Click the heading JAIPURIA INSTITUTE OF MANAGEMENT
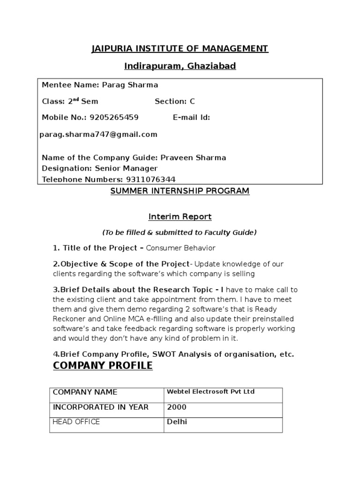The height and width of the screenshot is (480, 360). (x=180, y=49)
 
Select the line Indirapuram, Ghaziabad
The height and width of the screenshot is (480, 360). (x=180, y=66)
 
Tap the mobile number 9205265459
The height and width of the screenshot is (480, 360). (x=114, y=117)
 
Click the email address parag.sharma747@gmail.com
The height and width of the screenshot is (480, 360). (x=98, y=135)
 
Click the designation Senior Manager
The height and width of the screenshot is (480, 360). (x=127, y=168)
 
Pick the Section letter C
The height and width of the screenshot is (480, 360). (x=192, y=101)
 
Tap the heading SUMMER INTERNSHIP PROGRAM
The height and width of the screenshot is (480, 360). (x=180, y=191)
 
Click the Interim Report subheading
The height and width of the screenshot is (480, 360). (x=180, y=217)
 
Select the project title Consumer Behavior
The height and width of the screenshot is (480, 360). (x=181, y=248)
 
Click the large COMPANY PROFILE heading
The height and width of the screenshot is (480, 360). (x=103, y=366)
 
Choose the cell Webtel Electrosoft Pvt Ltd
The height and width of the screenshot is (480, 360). (x=210, y=391)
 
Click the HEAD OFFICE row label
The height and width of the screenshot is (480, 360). (x=76, y=422)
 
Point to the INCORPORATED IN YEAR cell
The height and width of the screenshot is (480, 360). (x=101, y=407)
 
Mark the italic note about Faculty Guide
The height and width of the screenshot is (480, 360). (x=180, y=232)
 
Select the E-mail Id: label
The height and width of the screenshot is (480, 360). (x=191, y=117)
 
